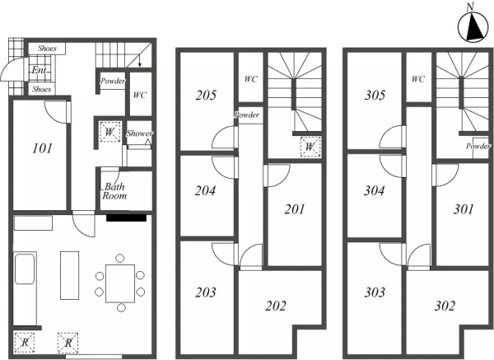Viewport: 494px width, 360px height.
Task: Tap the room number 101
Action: click(42, 147)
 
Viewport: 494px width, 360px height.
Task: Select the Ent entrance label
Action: click(39, 70)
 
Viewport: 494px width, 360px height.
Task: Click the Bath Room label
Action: click(114, 191)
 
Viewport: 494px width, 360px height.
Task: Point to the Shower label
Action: click(140, 133)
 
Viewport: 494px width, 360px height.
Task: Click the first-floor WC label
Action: click(140, 95)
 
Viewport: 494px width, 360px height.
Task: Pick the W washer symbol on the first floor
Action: click(110, 132)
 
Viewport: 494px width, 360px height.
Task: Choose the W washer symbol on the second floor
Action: click(310, 147)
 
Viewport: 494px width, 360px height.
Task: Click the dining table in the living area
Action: click(120, 283)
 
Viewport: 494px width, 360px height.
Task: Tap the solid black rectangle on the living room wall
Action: click(126, 217)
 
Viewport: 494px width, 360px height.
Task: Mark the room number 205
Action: click(206, 95)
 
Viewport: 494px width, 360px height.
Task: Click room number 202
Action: click(276, 306)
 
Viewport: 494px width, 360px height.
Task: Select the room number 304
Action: click(374, 190)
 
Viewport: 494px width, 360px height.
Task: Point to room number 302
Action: click(445, 306)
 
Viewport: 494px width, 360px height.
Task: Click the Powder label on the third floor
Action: click(478, 146)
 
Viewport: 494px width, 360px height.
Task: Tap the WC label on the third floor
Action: click(418, 79)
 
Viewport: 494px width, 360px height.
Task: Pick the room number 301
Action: click(463, 209)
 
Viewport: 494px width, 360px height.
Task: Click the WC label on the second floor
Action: click(251, 79)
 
